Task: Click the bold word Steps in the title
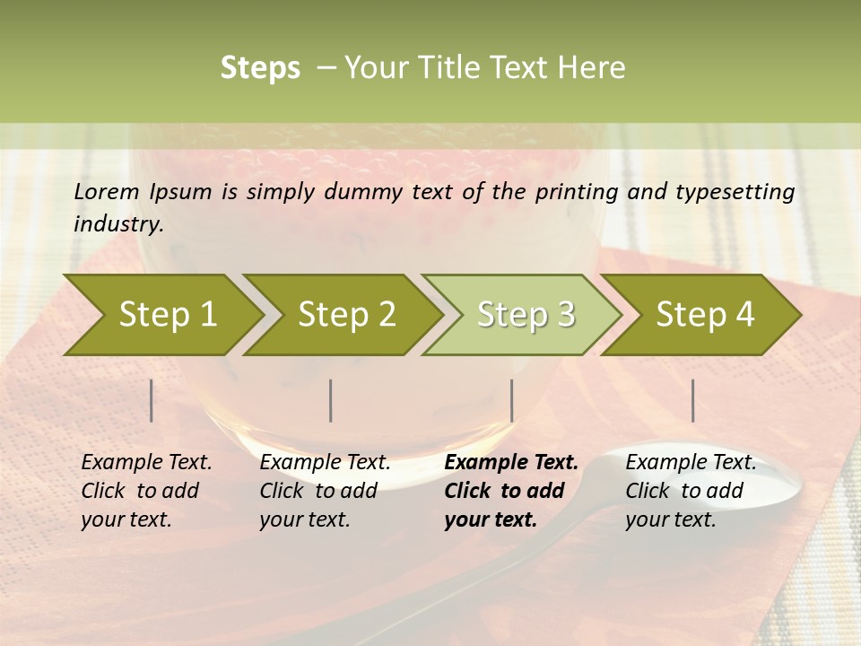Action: click(x=260, y=68)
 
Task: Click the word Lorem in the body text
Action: click(x=106, y=191)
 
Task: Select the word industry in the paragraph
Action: click(x=117, y=223)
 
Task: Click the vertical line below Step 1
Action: click(x=152, y=400)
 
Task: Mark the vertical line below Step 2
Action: click(x=331, y=400)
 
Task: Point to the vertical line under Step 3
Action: click(x=512, y=400)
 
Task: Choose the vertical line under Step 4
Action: click(x=693, y=400)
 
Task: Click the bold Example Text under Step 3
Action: click(x=511, y=463)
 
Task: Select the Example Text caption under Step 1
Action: click(x=146, y=463)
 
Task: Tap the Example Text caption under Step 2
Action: click(x=325, y=463)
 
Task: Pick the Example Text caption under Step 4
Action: click(x=691, y=463)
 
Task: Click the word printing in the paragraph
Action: click(x=573, y=192)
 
